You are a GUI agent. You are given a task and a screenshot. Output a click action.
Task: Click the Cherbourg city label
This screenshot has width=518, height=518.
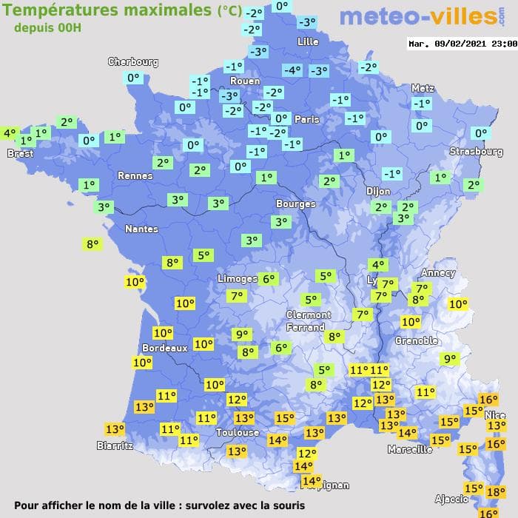(133, 62)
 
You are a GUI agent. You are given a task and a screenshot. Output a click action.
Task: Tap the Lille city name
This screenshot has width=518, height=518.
(307, 42)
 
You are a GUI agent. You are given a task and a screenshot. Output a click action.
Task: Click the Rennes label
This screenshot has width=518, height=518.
(135, 176)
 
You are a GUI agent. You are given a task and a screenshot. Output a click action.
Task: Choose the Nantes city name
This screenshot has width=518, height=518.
(141, 229)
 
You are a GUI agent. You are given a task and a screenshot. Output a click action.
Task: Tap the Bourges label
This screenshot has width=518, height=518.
(295, 203)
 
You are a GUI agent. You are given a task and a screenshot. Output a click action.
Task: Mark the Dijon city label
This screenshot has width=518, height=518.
(377, 191)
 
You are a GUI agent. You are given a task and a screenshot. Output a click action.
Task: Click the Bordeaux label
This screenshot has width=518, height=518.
(164, 348)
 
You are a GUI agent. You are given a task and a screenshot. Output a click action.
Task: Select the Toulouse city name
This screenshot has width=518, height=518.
(238, 432)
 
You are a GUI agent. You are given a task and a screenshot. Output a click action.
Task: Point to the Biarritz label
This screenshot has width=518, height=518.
(115, 445)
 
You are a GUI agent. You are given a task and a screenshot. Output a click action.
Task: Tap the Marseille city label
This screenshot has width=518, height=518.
(410, 449)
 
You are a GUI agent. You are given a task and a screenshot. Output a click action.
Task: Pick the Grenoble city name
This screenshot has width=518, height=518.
(417, 341)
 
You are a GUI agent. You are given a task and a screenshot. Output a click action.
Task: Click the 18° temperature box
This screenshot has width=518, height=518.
(496, 491)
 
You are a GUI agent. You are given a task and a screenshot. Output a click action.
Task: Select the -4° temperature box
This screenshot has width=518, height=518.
(292, 70)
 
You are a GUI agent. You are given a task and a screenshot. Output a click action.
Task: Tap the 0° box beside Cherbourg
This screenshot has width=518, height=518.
(133, 78)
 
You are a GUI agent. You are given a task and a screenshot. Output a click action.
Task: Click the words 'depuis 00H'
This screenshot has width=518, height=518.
(48, 27)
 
